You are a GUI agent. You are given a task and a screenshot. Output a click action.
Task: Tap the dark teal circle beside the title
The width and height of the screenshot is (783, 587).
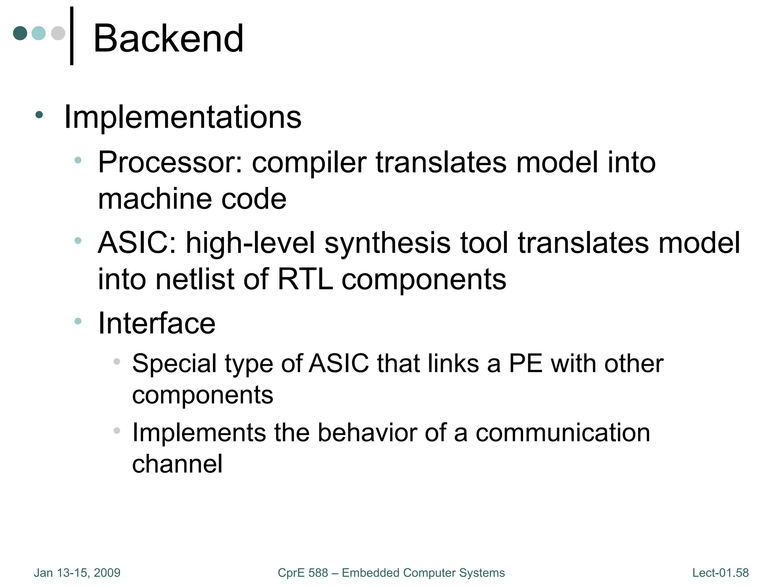point(20,33)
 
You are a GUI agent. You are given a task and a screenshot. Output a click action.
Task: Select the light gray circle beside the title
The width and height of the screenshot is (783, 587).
point(58,33)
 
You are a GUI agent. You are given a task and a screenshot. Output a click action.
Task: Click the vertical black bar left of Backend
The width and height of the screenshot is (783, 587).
point(72,36)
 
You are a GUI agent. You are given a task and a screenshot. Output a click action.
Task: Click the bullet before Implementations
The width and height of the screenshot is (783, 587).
point(39,115)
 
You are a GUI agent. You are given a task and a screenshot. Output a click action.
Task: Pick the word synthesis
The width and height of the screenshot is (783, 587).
point(387,243)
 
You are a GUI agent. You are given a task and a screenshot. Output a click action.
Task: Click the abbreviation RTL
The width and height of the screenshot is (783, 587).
point(305,279)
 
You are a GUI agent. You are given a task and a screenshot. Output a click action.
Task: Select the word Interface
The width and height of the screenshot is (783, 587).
point(157,323)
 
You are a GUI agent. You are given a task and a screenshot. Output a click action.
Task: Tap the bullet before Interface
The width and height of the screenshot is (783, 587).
point(78,321)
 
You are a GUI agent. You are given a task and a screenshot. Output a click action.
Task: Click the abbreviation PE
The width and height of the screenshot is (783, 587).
point(526,363)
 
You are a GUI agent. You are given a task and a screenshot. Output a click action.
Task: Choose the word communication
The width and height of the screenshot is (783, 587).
point(563,433)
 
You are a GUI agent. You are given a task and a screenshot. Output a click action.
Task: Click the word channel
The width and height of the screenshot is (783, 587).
point(177,464)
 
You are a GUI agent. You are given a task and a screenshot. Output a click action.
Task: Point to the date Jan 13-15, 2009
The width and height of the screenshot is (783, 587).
point(77,573)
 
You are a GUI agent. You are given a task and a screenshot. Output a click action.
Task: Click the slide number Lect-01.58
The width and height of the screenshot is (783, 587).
point(720,573)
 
